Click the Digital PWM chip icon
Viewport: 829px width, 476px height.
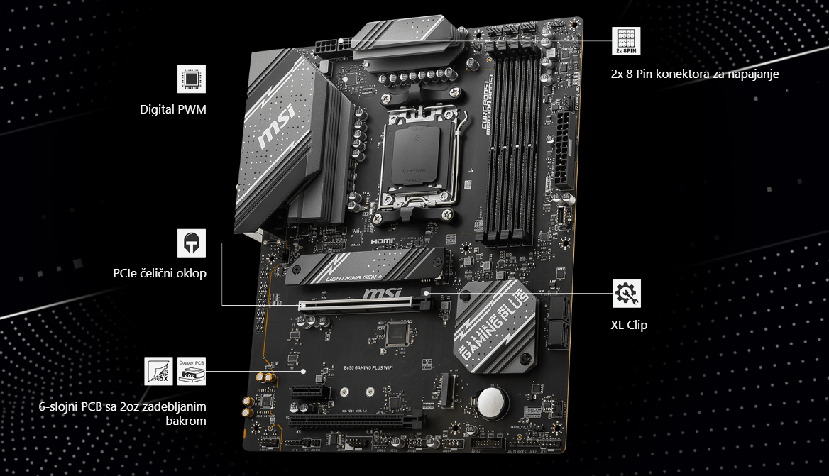pos(192,79)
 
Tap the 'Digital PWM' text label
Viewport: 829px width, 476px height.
pos(172,110)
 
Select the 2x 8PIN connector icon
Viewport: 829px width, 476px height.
pos(626,42)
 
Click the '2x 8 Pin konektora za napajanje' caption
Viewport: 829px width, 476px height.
pos(695,74)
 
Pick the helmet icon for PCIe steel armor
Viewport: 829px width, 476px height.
pos(192,243)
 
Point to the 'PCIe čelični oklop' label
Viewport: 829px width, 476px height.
pos(160,273)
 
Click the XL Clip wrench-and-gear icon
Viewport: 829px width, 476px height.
pos(626,293)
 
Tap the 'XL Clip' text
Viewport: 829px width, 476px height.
pos(629,326)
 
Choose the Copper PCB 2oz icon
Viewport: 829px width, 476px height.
pos(192,371)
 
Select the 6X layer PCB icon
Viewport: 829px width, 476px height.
pos(158,371)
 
